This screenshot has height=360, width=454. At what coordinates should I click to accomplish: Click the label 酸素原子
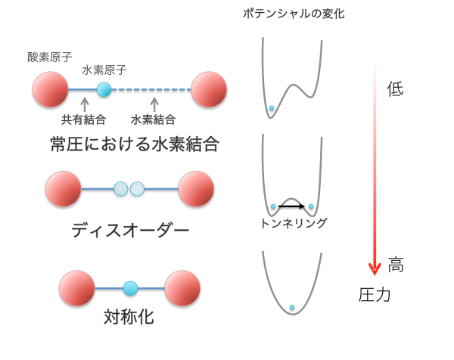49,57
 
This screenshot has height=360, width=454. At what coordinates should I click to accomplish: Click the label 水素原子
104,70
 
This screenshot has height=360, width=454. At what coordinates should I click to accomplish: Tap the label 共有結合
83,119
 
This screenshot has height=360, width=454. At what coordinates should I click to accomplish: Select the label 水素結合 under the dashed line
153,119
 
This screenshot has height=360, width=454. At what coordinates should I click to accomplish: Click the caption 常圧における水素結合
135,144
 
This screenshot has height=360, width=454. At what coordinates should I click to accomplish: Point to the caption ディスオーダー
130,231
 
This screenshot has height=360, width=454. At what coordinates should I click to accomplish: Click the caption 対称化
129,317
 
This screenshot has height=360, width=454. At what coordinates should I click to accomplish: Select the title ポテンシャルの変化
294,14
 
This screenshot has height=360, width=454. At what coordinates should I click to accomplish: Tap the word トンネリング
294,223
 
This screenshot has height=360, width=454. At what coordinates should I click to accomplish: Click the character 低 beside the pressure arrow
395,88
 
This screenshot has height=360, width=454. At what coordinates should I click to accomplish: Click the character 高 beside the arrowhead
396,265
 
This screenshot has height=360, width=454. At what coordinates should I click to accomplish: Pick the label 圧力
375,295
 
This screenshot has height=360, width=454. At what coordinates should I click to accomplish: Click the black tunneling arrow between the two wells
291,206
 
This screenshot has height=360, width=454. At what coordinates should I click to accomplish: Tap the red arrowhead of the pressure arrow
375,268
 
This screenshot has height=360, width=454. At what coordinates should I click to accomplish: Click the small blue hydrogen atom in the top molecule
104,89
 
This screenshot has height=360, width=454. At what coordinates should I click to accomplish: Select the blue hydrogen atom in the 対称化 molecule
130,288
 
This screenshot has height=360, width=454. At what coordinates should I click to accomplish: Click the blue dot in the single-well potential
292,307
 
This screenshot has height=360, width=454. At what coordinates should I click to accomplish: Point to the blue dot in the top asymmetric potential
272,108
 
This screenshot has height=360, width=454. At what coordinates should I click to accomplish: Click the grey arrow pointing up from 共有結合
85,104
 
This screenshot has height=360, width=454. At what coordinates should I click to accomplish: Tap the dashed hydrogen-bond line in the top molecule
151,90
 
